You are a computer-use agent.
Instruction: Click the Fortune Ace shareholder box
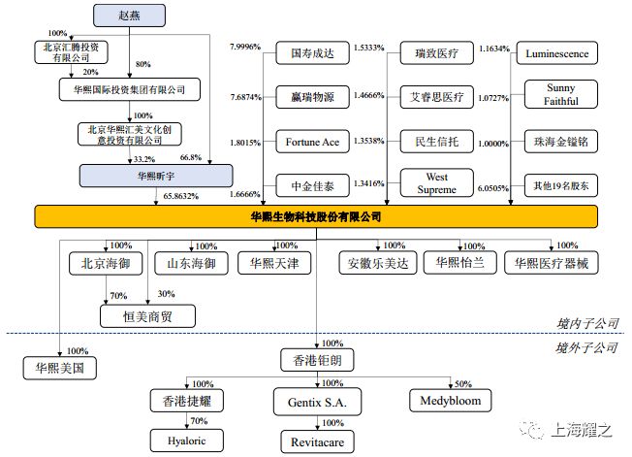[312, 142]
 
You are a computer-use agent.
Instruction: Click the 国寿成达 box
[312, 54]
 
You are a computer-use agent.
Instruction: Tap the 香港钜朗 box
[315, 360]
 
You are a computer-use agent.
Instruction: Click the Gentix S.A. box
[316, 400]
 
